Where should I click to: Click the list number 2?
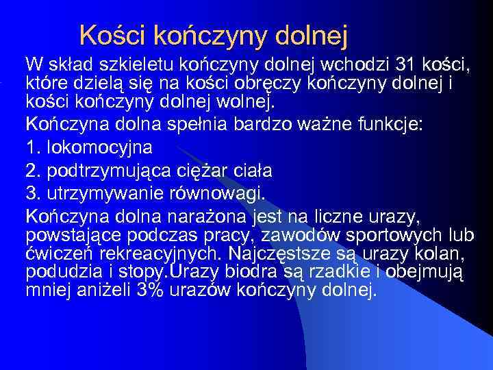pyautogui.click(x=32, y=170)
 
